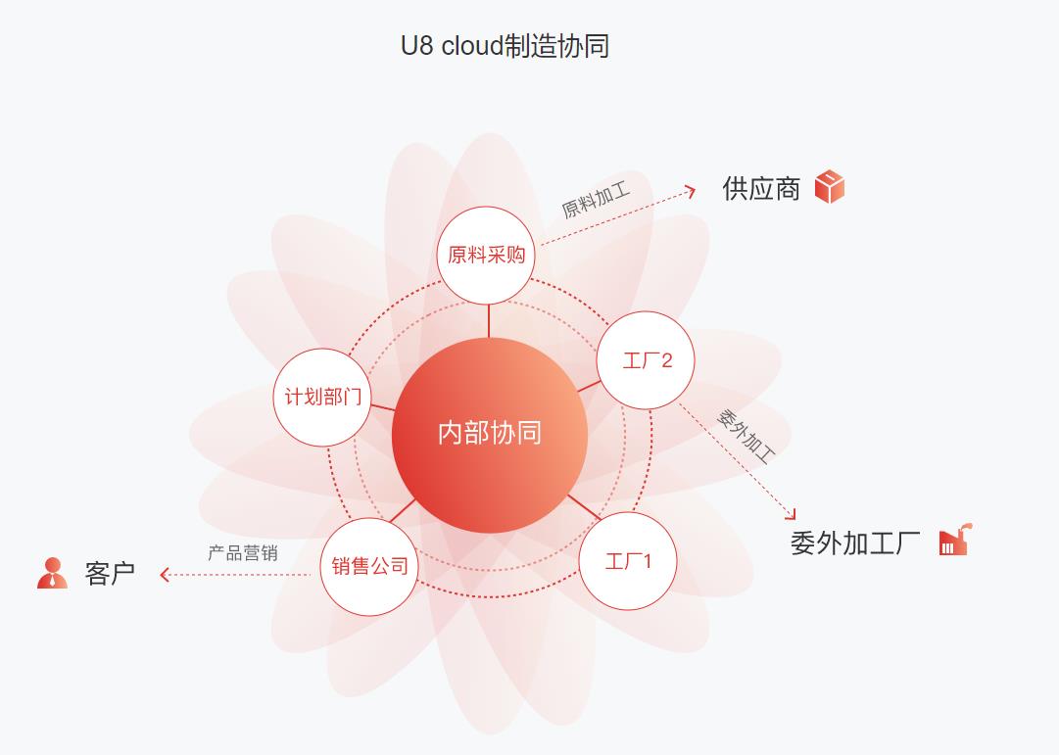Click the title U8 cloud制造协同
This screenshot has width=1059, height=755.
[x=505, y=46]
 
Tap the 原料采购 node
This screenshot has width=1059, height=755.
[x=486, y=256]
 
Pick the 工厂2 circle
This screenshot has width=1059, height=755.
[x=647, y=360]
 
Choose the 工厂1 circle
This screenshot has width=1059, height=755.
[x=628, y=561]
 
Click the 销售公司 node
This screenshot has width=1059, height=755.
[x=369, y=566]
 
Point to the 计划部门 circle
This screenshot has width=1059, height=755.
[x=322, y=398]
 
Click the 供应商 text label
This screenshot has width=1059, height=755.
[x=761, y=189]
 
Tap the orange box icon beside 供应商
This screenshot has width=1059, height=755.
[x=829, y=186]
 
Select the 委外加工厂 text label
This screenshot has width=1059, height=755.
[x=855, y=543]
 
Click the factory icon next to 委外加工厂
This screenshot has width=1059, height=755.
[x=953, y=540]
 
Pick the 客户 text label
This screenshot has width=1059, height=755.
[x=110, y=574]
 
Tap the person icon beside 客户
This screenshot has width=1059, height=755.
[x=52, y=573]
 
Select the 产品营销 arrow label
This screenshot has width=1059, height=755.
[x=242, y=553]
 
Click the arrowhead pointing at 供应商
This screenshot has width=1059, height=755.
[x=691, y=191]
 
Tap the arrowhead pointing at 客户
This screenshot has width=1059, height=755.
[x=165, y=575]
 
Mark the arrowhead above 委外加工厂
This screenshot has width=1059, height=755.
[x=791, y=514]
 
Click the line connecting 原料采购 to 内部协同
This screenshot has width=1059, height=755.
[x=489, y=321]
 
